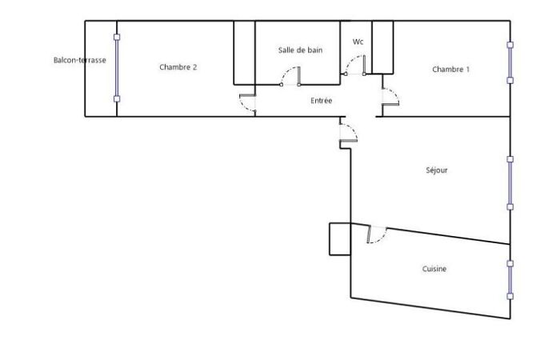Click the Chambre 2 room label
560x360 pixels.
click(x=178, y=67)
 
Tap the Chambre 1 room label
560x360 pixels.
click(x=450, y=70)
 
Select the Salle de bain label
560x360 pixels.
click(x=300, y=50)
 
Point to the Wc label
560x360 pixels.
click(x=358, y=42)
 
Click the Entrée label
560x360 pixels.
click(x=322, y=101)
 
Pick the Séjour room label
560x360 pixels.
click(x=437, y=170)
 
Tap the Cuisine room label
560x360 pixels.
click(x=434, y=269)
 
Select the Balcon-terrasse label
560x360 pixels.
click(x=80, y=60)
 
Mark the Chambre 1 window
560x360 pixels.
click(x=510, y=62)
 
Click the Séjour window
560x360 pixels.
click(x=510, y=183)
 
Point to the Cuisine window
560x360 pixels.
click(x=510, y=280)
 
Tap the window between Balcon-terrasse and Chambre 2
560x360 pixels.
click(x=117, y=68)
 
